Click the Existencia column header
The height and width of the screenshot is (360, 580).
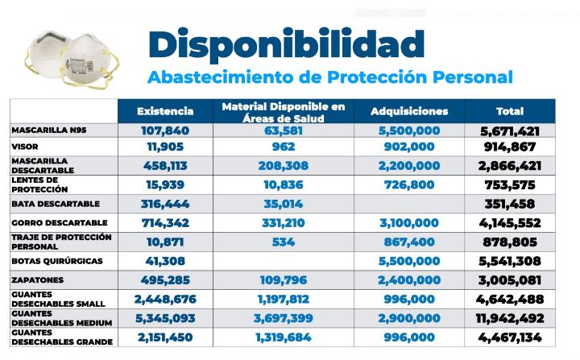[x=165, y=111]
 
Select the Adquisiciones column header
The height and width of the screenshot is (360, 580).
[x=409, y=111]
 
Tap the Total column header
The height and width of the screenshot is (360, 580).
[x=509, y=111]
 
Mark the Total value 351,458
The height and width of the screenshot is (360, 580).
[x=508, y=204]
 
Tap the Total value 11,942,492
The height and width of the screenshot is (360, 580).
[x=508, y=318]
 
